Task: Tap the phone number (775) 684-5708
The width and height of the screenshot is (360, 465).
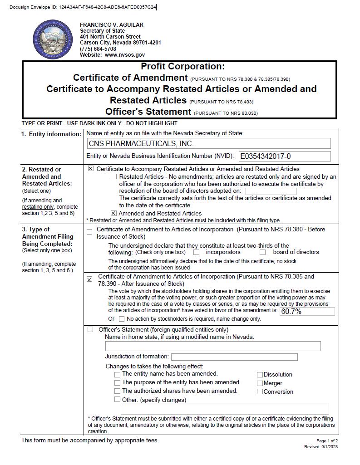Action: [98, 49]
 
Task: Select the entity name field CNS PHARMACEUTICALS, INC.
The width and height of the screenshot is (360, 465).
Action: [209, 144]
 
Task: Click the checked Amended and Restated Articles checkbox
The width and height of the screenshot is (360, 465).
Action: [113, 213]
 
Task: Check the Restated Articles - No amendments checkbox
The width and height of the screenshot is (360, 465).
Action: [113, 177]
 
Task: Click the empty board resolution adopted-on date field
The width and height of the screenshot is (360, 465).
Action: [271, 191]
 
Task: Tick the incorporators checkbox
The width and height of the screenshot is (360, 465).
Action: [197, 252]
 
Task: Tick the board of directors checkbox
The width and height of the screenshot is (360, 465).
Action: [262, 252]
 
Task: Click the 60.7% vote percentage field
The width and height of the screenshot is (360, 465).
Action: [307, 312]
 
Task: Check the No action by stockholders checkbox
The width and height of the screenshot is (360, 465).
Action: [121, 319]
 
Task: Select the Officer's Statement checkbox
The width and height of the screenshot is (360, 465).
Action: [90, 329]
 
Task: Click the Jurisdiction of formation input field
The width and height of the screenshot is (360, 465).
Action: [234, 357]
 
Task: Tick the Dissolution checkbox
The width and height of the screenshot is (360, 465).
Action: [260, 375]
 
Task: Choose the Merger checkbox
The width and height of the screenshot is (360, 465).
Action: [260, 383]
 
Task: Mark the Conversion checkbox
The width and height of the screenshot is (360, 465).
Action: [260, 392]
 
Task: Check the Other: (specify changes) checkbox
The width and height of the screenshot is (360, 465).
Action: [118, 400]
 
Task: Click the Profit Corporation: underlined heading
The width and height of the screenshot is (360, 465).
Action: [182, 67]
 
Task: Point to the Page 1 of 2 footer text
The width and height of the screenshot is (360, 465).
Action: [327, 441]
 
